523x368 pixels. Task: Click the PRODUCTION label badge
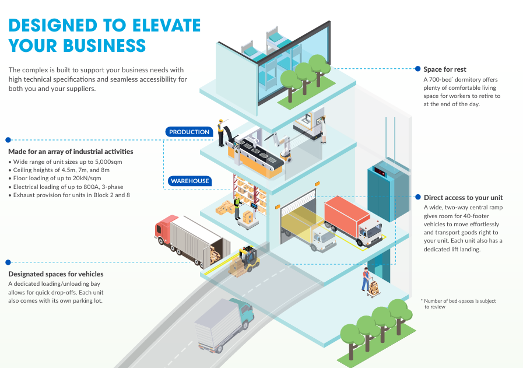tap(189, 132)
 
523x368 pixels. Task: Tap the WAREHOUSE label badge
tap(189, 181)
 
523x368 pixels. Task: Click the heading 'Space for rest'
tap(445, 69)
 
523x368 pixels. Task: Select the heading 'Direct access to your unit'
tap(463, 198)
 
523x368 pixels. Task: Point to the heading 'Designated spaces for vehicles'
tap(56, 274)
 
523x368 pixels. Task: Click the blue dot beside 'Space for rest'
tap(417, 69)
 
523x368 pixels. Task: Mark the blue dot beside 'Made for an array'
tap(8, 140)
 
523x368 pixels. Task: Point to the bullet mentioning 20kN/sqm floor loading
tap(55, 178)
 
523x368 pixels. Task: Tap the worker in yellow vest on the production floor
tap(220, 132)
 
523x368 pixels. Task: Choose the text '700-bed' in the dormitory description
tap(442, 79)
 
